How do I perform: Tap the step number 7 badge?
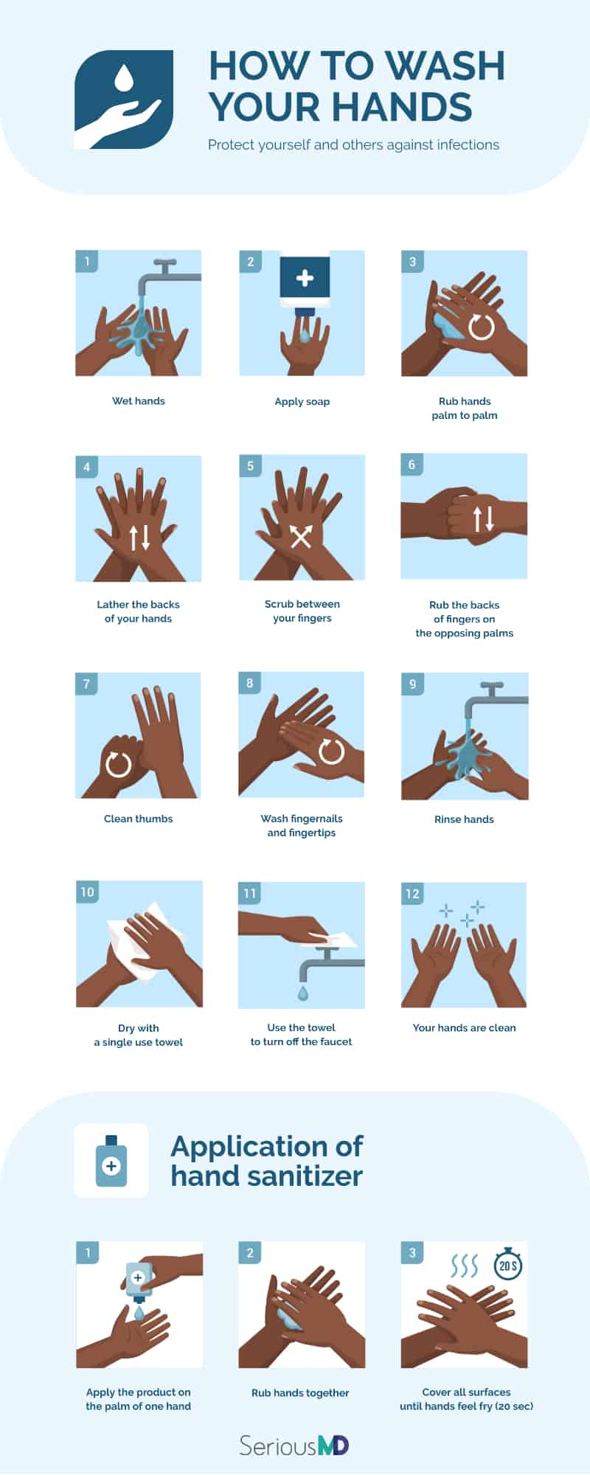86,684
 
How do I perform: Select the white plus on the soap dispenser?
305,278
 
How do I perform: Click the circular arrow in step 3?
482,325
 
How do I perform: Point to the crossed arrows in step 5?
301,536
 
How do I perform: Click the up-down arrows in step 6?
484,518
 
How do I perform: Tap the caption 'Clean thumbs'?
138,819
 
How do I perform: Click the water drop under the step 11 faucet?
302,993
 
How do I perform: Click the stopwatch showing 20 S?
508,1266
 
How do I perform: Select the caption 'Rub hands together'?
300,1392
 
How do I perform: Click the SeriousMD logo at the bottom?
294,1445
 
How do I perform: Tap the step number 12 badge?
412,893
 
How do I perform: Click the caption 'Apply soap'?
302,401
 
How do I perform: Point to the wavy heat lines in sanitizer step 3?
464,1267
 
